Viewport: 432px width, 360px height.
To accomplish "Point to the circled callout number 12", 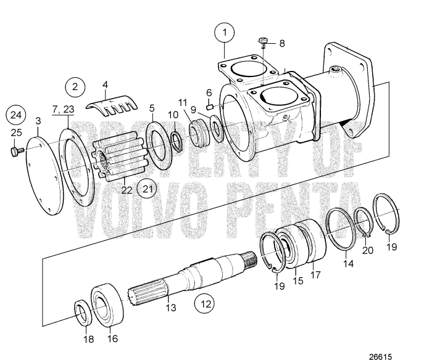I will [206, 303].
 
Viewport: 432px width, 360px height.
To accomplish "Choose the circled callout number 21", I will [147, 187].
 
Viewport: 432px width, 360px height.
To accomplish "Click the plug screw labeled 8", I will [263, 42].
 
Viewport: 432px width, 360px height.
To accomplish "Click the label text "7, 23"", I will [62, 110].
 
